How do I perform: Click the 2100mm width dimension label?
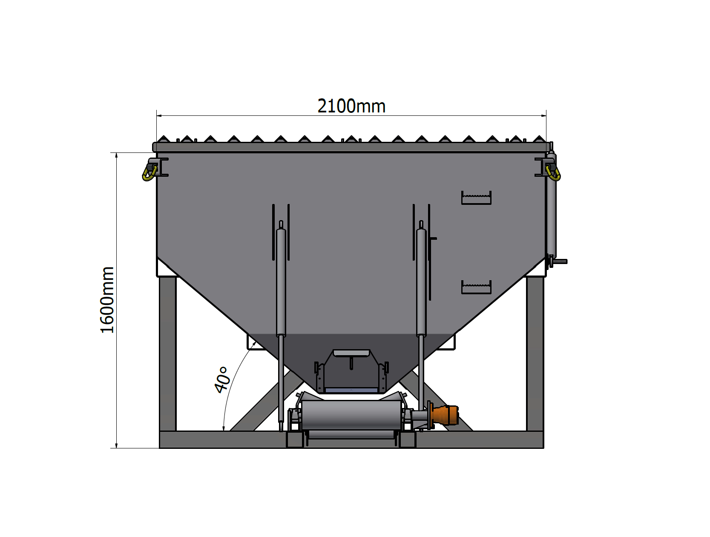click(x=351, y=106)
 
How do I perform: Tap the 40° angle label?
click(x=223, y=380)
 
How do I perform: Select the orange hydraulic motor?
click(x=446, y=415)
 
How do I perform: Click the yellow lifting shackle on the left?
click(x=149, y=174)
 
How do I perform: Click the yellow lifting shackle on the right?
click(x=553, y=174)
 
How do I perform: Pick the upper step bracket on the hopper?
click(x=476, y=198)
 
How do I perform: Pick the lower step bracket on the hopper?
click(x=476, y=287)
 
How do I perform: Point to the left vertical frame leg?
click(x=167, y=354)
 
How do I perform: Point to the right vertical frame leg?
click(x=535, y=354)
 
